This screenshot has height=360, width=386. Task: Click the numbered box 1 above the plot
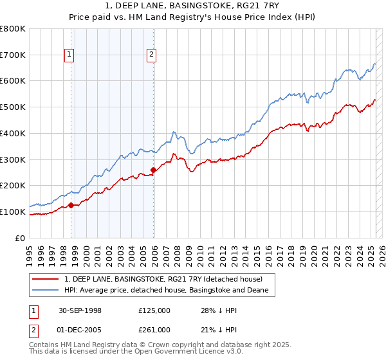69,55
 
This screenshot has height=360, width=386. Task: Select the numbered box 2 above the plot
151,55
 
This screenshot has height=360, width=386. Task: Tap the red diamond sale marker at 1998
71,205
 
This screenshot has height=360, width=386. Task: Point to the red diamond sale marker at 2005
153,170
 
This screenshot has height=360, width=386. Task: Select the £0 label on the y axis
21,238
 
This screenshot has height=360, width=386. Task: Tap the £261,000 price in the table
154,330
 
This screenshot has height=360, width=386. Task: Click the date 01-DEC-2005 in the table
78,330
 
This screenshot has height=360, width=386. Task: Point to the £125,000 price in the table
154,310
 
